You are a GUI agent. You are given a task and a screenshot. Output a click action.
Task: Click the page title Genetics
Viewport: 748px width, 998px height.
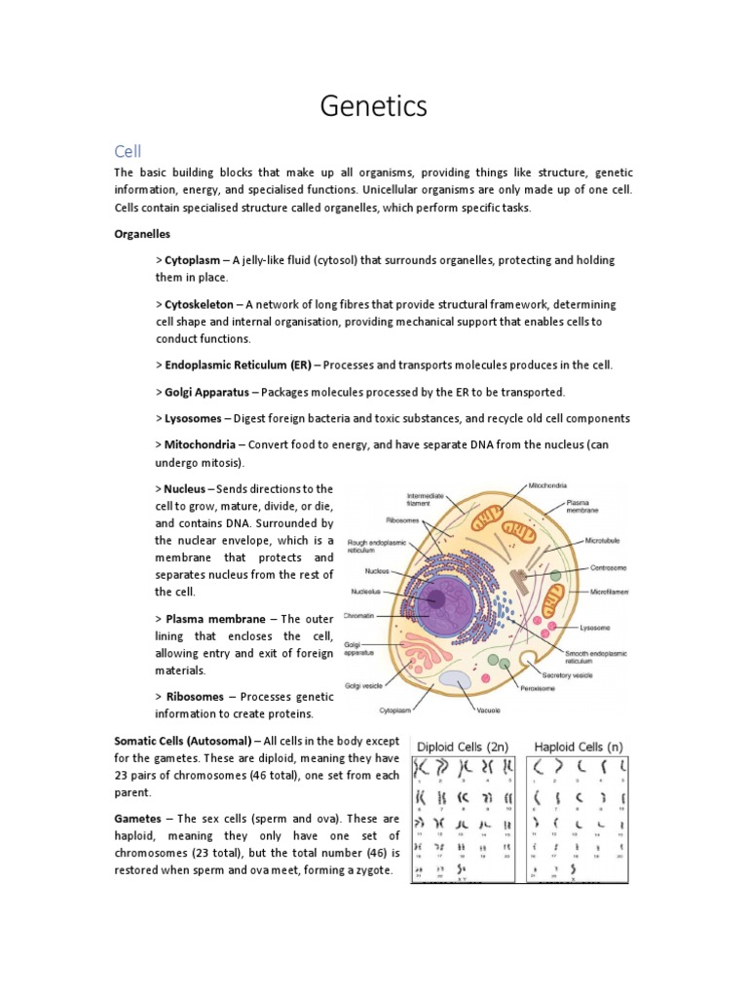374,105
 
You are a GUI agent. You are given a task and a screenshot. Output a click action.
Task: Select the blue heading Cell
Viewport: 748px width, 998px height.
128,151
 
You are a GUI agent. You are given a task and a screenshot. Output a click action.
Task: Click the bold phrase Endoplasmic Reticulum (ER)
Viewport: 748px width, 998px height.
239,365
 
